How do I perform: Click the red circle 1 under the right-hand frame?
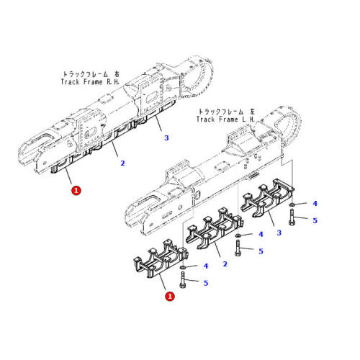click(76, 191)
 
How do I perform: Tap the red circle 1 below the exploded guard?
click(170, 296)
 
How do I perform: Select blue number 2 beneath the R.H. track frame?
click(122, 163)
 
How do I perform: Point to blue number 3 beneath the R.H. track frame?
click(166, 137)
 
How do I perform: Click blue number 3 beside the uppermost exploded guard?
click(279, 233)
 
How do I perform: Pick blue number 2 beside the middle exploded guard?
click(225, 264)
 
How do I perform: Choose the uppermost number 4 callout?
click(315, 204)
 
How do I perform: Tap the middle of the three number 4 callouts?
click(261, 235)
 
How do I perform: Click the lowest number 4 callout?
click(205, 266)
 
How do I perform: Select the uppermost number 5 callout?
click(315, 220)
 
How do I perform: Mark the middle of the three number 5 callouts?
click(261, 251)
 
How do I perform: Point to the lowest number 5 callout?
click(205, 283)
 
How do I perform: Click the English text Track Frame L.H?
click(225, 120)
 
